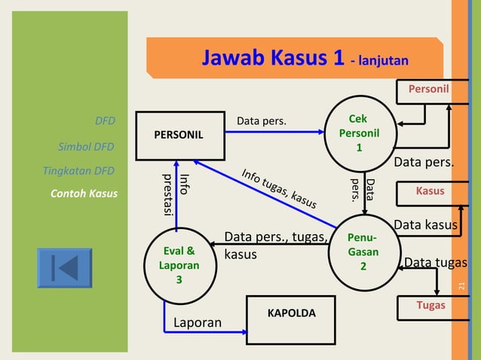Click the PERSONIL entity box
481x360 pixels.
(179, 136)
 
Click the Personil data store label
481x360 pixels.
(428, 90)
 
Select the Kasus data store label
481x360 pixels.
(430, 191)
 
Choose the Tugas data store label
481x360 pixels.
(430, 305)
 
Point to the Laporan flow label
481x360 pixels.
(198, 323)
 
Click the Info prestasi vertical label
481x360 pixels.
(175, 194)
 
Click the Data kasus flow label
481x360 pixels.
(425, 224)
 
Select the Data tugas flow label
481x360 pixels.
(436, 262)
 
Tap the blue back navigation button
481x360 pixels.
(64, 268)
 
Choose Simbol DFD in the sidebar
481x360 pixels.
(86, 146)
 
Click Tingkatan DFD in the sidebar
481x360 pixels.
(79, 169)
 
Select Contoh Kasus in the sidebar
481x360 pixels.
(84, 194)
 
